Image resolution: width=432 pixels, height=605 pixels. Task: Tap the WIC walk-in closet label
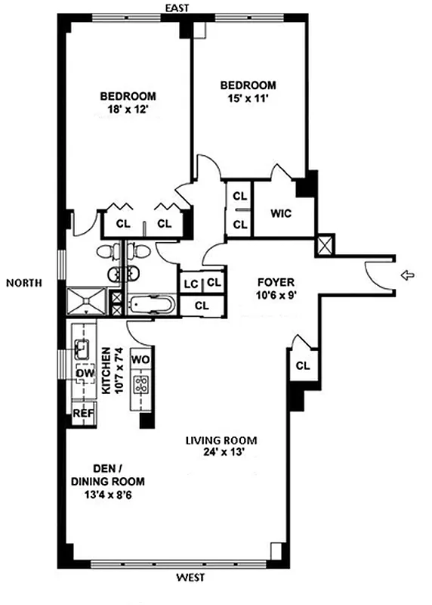point(280,213)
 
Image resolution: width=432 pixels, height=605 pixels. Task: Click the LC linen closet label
point(190,283)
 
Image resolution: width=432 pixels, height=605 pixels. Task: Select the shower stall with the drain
point(88,301)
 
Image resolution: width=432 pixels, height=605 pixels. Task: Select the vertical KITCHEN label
point(107,372)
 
